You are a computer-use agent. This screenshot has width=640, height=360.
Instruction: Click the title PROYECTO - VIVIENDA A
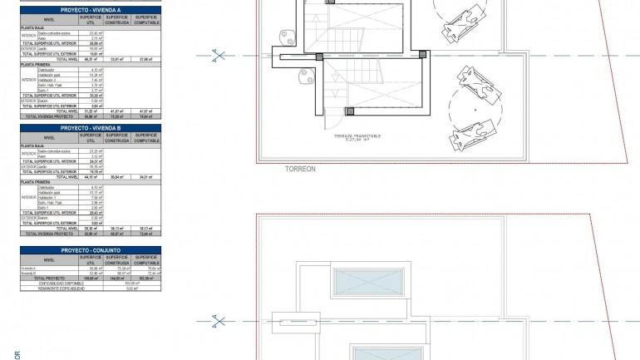click(90, 10)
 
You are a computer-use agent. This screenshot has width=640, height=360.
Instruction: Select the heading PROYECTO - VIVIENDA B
click(90, 127)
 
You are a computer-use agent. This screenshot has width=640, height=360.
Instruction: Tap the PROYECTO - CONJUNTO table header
click(90, 249)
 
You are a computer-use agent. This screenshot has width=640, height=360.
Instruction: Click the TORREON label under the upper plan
click(300, 168)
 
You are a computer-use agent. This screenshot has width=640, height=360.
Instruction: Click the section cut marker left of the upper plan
click(219, 56)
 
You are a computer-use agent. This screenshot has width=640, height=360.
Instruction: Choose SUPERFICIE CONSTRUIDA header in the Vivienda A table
click(117, 20)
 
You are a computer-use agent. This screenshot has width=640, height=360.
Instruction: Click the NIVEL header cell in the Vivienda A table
click(49, 20)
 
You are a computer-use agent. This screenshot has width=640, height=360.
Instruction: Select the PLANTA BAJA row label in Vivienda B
click(32, 145)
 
